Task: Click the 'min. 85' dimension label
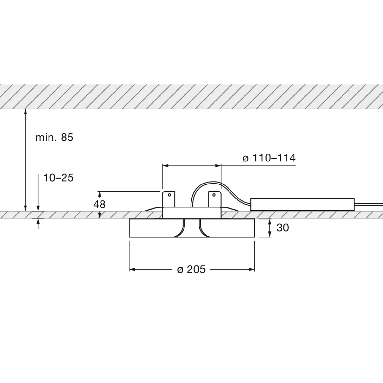click(54, 138)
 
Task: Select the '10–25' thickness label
click(58, 178)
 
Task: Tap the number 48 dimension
click(100, 204)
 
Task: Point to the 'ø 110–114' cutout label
click(269, 158)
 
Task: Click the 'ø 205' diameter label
click(191, 270)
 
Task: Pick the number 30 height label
click(282, 228)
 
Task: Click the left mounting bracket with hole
click(169, 199)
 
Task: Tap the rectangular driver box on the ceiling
click(302, 204)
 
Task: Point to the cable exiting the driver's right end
click(369, 204)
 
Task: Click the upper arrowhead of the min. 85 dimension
click(25, 112)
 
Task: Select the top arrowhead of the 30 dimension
click(270, 221)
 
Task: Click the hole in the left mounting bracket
click(170, 194)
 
